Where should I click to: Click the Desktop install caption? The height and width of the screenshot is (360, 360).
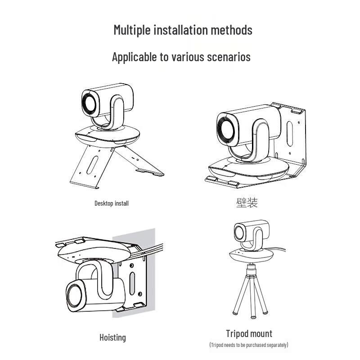(x=112, y=203)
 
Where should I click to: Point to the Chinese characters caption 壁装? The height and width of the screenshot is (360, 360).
(x=247, y=202)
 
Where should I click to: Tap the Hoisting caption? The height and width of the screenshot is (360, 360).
(x=112, y=337)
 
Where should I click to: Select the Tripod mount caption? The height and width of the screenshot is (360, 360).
(x=249, y=333)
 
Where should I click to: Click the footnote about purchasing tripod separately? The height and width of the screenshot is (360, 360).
(x=249, y=345)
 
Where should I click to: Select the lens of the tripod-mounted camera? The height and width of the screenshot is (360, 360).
(x=239, y=233)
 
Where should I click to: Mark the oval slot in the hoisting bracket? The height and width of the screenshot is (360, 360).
(x=132, y=284)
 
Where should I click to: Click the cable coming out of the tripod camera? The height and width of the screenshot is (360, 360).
(x=279, y=249)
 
